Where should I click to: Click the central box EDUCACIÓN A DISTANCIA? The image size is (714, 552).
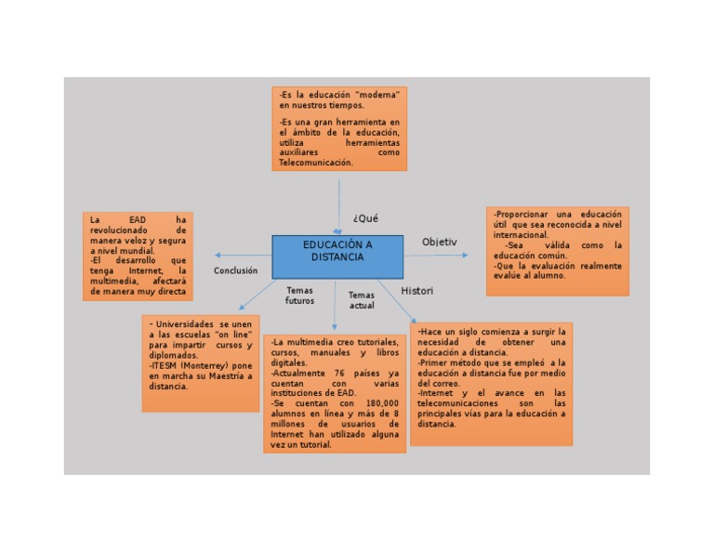coord(337,251)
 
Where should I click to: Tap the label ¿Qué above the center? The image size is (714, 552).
coord(365,218)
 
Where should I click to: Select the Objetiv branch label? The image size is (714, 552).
coord(440,242)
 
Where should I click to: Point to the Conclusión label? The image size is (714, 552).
coord(235,270)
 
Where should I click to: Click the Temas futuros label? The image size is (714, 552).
coord(299,296)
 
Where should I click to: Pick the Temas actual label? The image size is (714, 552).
coord(362,300)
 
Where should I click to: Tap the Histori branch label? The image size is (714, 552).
coord(417,291)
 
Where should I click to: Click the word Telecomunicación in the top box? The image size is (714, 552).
coord(316,163)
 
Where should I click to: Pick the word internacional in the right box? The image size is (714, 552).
coord(521,235)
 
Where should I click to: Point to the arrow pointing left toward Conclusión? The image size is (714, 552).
coord(220,255)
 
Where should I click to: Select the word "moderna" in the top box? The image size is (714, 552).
coord(377,96)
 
